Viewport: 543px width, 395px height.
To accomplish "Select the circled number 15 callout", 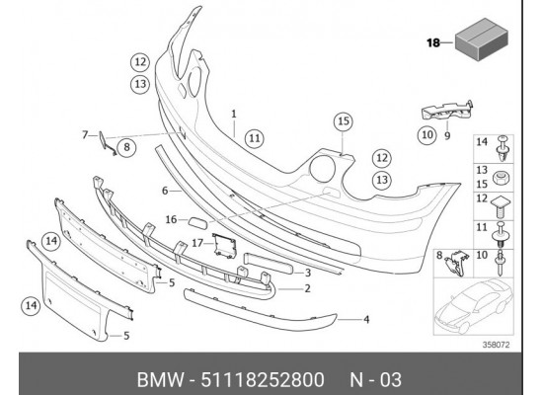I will [342, 121].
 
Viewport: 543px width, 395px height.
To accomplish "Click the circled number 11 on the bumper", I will [256, 138].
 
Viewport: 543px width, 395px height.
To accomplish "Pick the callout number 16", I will [170, 219].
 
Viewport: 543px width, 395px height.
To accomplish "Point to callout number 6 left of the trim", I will [166, 190].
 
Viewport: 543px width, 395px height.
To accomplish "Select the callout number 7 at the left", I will [85, 134].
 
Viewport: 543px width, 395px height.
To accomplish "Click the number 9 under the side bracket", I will [447, 136].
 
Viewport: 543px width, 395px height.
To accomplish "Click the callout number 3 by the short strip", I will [308, 272].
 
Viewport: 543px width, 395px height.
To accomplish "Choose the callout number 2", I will [308, 288].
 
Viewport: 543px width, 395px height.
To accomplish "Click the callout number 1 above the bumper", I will [234, 114].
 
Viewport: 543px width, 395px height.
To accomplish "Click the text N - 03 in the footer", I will [376, 375].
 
